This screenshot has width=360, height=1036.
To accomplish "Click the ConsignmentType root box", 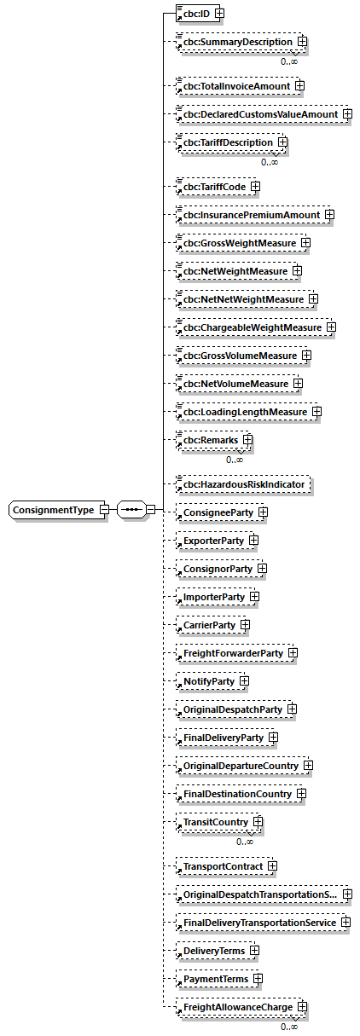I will [x=54, y=510].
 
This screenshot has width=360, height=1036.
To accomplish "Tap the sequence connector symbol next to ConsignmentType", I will [x=131, y=510].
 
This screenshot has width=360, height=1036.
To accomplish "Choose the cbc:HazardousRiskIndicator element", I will [x=241, y=485].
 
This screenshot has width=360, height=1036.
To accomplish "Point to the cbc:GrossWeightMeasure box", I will [x=236, y=243].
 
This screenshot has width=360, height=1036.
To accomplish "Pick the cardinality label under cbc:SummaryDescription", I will [x=289, y=61].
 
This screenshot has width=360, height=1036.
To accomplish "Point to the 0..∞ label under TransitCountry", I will [x=245, y=842].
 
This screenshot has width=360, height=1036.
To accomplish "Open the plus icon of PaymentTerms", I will [x=258, y=979].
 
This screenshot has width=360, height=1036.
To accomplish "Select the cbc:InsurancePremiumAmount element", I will [x=247, y=215].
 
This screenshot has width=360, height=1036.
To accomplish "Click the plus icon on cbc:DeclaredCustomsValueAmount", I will [x=346, y=114].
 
